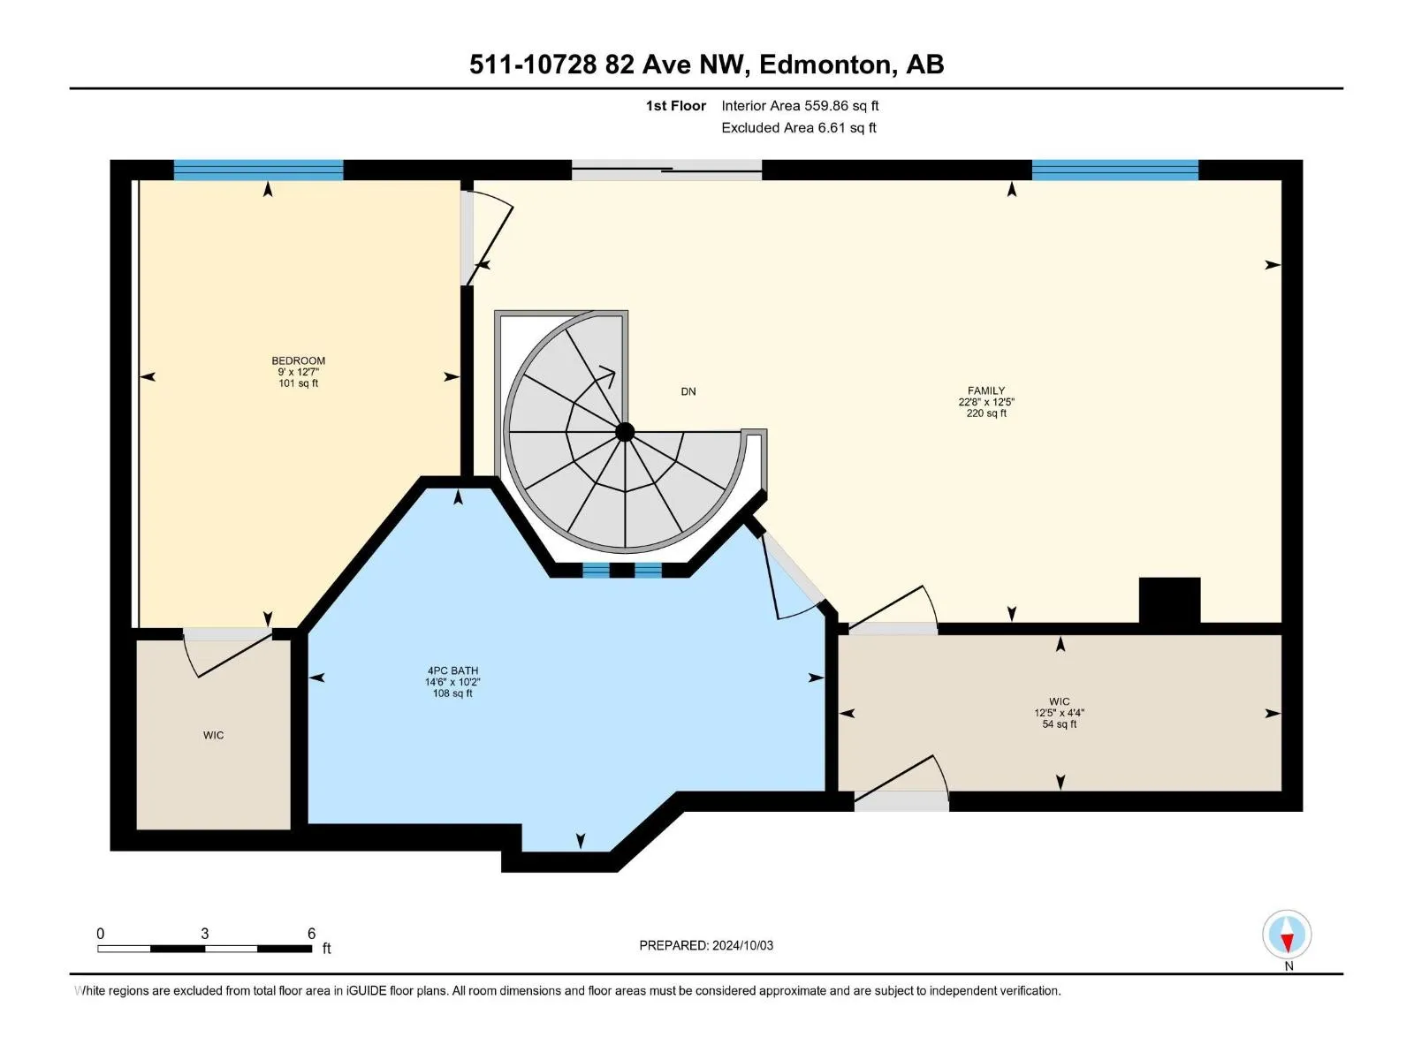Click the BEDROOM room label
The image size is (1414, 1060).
pyautogui.click(x=298, y=360)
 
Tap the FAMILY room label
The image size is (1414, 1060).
pyautogui.click(x=985, y=390)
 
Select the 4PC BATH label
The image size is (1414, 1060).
pyautogui.click(x=452, y=670)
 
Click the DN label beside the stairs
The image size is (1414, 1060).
pyautogui.click(x=688, y=391)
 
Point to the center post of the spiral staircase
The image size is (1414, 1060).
pyautogui.click(x=624, y=432)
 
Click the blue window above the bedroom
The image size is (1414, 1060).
pyautogui.click(x=258, y=170)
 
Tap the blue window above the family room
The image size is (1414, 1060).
pyautogui.click(x=1114, y=170)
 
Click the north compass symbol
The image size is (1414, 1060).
pyautogui.click(x=1287, y=934)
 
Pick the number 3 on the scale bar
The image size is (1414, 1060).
pyautogui.click(x=205, y=933)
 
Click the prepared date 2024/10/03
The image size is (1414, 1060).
pyautogui.click(x=742, y=945)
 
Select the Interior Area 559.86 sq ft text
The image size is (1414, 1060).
pyautogui.click(x=800, y=105)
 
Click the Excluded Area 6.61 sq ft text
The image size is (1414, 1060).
pyautogui.click(x=798, y=127)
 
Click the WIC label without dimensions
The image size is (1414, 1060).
pyautogui.click(x=213, y=735)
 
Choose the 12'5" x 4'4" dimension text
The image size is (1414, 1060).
pyautogui.click(x=1059, y=713)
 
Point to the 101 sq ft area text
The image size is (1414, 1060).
pyautogui.click(x=298, y=383)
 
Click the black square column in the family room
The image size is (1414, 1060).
pyautogui.click(x=1169, y=600)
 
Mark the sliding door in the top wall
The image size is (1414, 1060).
pyautogui.click(x=666, y=170)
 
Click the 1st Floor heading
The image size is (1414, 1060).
pyautogui.click(x=676, y=105)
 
